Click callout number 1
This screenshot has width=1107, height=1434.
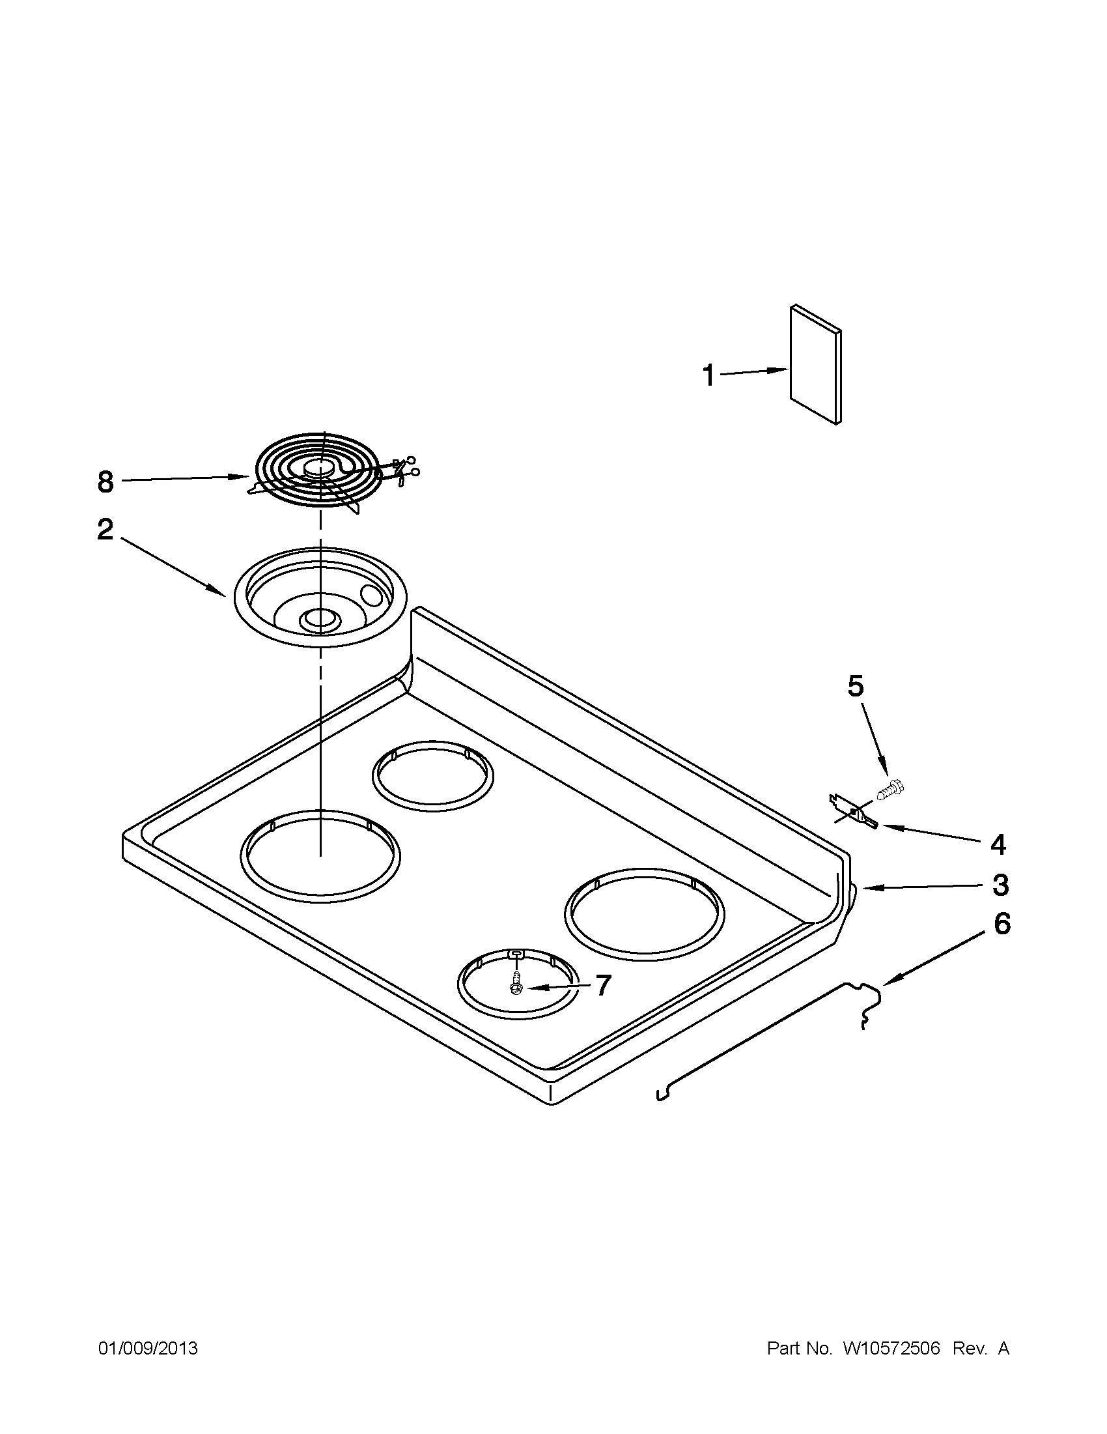pyautogui.click(x=708, y=376)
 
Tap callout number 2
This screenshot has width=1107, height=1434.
pyautogui.click(x=105, y=529)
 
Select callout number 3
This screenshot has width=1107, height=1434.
pyautogui.click(x=1000, y=885)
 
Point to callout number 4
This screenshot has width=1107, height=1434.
pyautogui.click(x=998, y=844)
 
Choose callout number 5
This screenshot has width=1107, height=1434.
pyautogui.click(x=856, y=685)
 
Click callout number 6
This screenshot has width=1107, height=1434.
pyautogui.click(x=1002, y=925)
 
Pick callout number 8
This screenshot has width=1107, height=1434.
pyautogui.click(x=105, y=482)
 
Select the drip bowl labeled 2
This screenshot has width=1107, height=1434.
pyautogui.click(x=320, y=596)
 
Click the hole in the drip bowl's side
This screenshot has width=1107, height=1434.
pyautogui.click(x=371, y=595)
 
